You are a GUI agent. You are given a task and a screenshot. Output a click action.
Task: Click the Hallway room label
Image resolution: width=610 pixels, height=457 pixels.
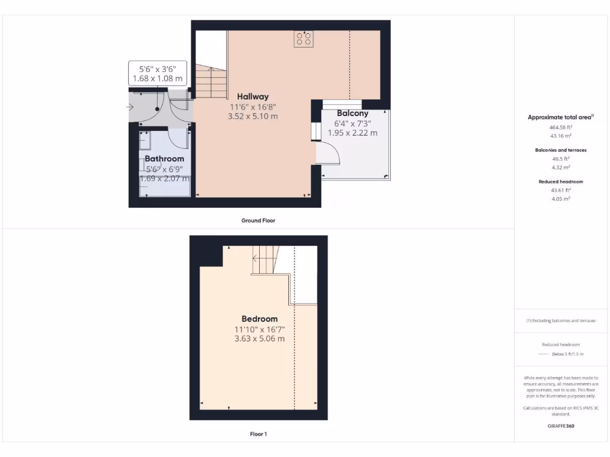tap(253, 96)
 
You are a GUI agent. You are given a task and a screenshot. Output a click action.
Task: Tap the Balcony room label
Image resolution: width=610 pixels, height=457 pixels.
tap(353, 113)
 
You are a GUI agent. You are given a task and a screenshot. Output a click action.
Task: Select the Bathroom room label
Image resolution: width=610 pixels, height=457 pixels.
tap(164, 159)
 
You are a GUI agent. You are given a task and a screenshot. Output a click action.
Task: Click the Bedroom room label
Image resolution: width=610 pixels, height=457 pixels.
tap(259, 319)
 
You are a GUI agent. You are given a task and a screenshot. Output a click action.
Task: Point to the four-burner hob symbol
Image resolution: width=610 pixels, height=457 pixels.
tap(303, 39)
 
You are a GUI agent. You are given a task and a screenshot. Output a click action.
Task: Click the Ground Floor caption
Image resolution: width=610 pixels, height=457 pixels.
tap(258, 220)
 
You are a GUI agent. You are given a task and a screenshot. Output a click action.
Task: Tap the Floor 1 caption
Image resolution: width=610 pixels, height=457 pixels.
tap(258, 434)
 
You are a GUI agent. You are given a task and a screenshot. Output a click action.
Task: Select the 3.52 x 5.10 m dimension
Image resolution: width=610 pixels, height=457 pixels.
tap(253, 117)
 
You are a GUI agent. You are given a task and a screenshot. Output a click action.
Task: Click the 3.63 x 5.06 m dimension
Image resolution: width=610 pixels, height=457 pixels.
tap(259, 339)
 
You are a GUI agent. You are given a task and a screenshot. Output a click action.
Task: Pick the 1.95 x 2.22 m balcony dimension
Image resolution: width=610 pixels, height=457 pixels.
tap(353, 133)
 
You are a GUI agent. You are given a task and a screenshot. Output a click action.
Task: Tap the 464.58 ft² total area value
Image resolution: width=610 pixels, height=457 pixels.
tap(560, 127)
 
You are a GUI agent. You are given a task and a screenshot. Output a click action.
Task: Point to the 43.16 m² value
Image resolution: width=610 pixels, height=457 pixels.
tap(560, 136)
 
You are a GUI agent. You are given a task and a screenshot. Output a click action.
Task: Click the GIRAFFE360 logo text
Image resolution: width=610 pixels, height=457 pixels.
tap(560, 426)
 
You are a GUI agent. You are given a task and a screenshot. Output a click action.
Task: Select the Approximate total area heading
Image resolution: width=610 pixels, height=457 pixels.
tap(559, 117)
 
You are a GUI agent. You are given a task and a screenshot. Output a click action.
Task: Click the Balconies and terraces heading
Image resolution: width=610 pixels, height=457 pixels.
tap(560, 150)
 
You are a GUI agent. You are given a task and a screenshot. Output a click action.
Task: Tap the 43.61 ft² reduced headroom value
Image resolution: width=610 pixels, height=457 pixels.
tap(560, 190)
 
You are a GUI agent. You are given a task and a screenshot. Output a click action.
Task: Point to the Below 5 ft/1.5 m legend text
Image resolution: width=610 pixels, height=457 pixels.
tap(568, 354)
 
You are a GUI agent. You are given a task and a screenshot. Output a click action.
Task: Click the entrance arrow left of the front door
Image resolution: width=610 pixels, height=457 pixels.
tap(130, 108)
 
